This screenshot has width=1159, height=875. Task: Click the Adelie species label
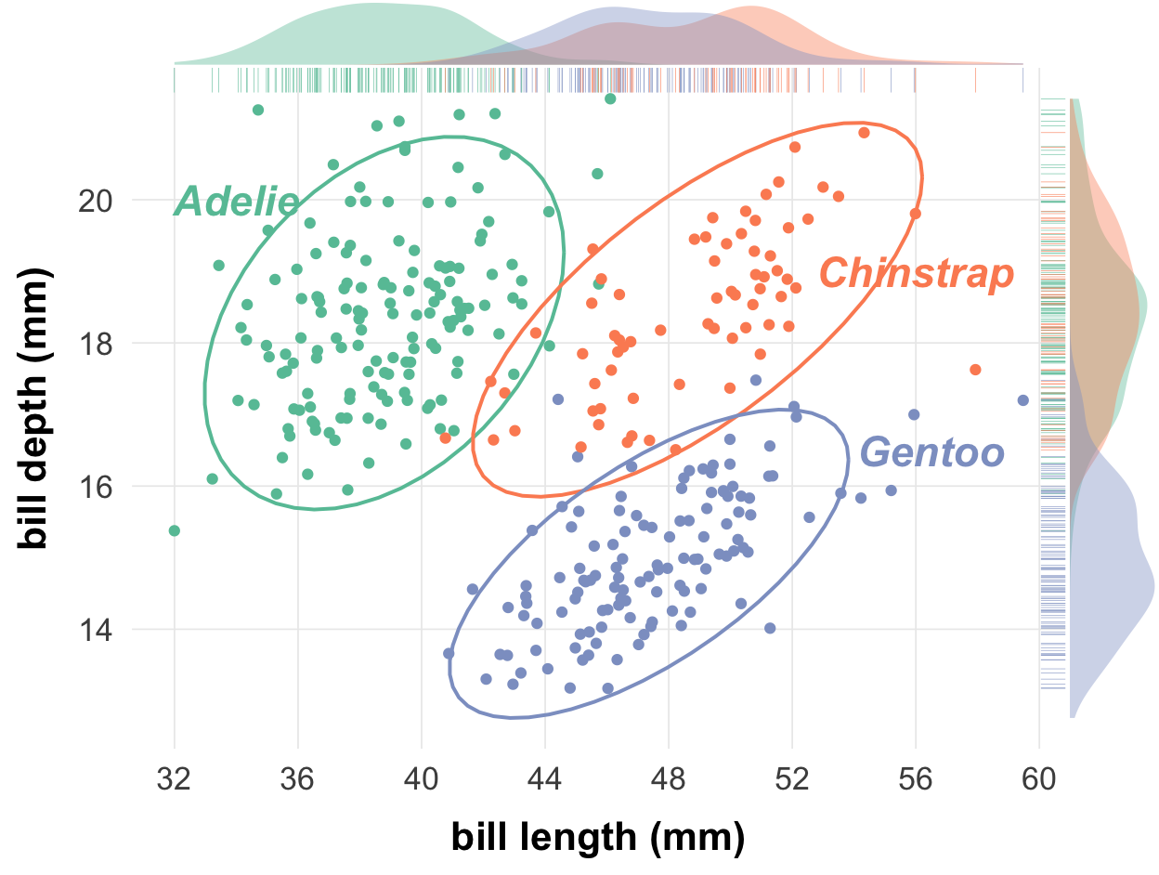click(x=236, y=202)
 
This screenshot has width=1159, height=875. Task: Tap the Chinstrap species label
click(x=916, y=274)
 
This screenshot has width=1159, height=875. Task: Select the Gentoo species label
click(x=932, y=453)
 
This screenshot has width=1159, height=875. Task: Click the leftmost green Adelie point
click(x=174, y=530)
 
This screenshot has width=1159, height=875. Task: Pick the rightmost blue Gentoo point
click(x=1022, y=400)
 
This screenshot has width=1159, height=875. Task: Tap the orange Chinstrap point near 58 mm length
click(x=975, y=370)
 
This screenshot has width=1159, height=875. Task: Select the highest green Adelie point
click(x=610, y=98)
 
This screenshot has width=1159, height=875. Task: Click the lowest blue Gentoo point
click(x=608, y=688)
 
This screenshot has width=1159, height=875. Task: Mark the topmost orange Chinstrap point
click(x=864, y=133)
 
